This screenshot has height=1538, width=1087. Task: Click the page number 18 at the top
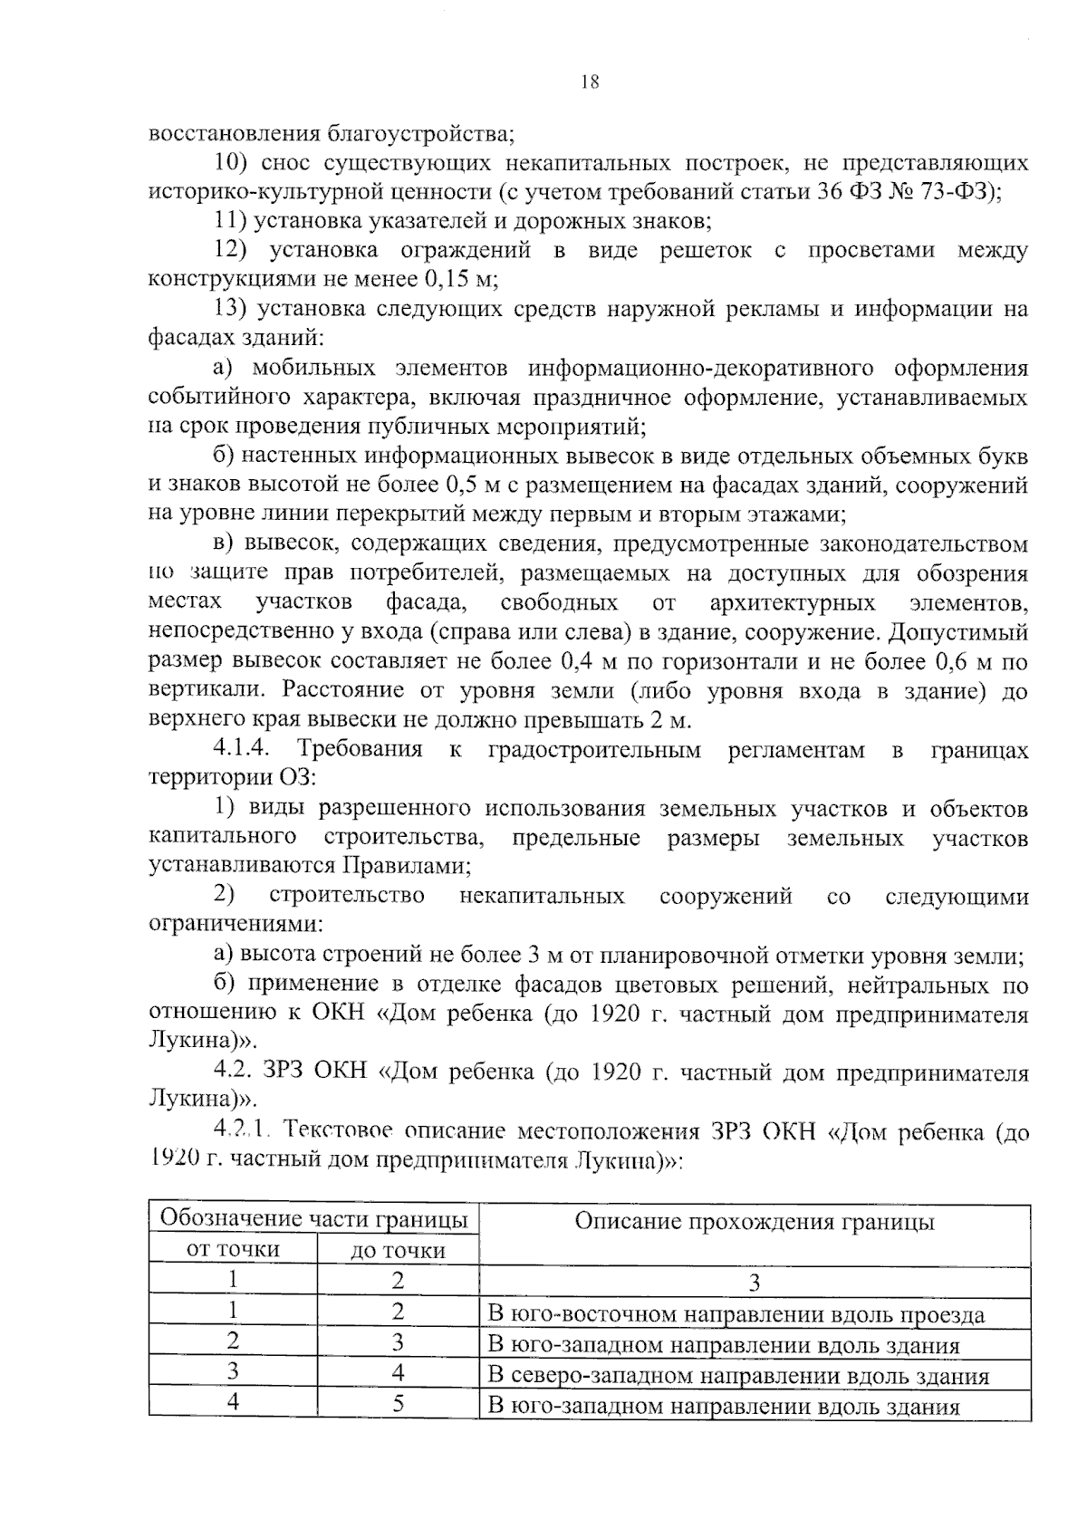[x=589, y=82]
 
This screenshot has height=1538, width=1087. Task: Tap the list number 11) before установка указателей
[x=231, y=220]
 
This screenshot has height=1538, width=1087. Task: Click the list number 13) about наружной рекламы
[x=231, y=309]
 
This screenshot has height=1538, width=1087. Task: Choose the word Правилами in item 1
[x=405, y=866]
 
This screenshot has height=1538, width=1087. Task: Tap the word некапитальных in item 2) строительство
[x=542, y=897]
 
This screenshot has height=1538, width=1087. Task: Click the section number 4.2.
[x=232, y=1072]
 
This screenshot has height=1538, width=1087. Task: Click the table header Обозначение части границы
[x=313, y=1218]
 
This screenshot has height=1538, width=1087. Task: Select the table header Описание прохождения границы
[x=754, y=1222]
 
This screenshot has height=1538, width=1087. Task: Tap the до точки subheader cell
[x=398, y=1251]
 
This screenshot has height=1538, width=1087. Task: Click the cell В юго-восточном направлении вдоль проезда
[x=736, y=1315]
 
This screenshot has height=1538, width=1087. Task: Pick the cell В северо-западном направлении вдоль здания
[x=737, y=1376]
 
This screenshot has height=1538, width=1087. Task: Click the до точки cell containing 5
[x=398, y=1404]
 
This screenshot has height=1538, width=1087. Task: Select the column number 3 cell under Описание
[x=754, y=1282]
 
